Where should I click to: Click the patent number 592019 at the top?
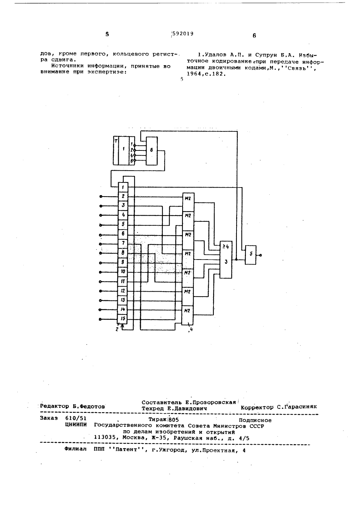click(x=183, y=33)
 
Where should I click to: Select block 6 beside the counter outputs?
click(x=152, y=151)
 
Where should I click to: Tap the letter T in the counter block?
click(x=116, y=141)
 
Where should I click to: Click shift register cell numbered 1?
click(x=123, y=187)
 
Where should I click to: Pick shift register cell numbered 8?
click(x=123, y=252)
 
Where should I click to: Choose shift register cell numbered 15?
click(x=122, y=319)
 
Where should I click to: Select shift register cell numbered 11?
click(x=123, y=281)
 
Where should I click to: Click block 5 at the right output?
click(x=251, y=255)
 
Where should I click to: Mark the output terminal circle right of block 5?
click(x=260, y=255)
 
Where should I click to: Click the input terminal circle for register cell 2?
click(x=101, y=196)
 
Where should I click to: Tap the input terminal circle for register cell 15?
click(x=100, y=319)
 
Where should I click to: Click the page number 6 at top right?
click(x=254, y=35)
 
